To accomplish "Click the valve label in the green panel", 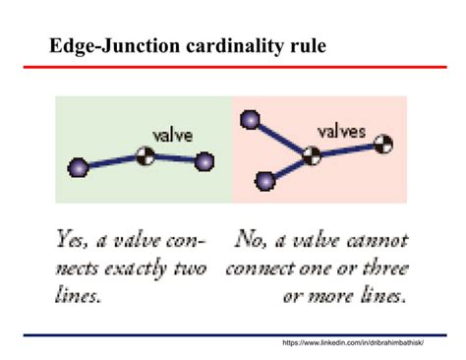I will pyautogui.click(x=172, y=135).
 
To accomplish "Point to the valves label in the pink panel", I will pyautogui.click(x=341, y=129).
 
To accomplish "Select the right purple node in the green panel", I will pyautogui.click(x=204, y=161).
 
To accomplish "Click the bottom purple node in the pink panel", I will pyautogui.click(x=264, y=181).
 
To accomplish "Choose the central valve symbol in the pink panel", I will pyautogui.click(x=312, y=153).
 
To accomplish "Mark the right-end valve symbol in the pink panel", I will pyautogui.click(x=387, y=144).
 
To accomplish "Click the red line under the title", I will pyautogui.click(x=233, y=67).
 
